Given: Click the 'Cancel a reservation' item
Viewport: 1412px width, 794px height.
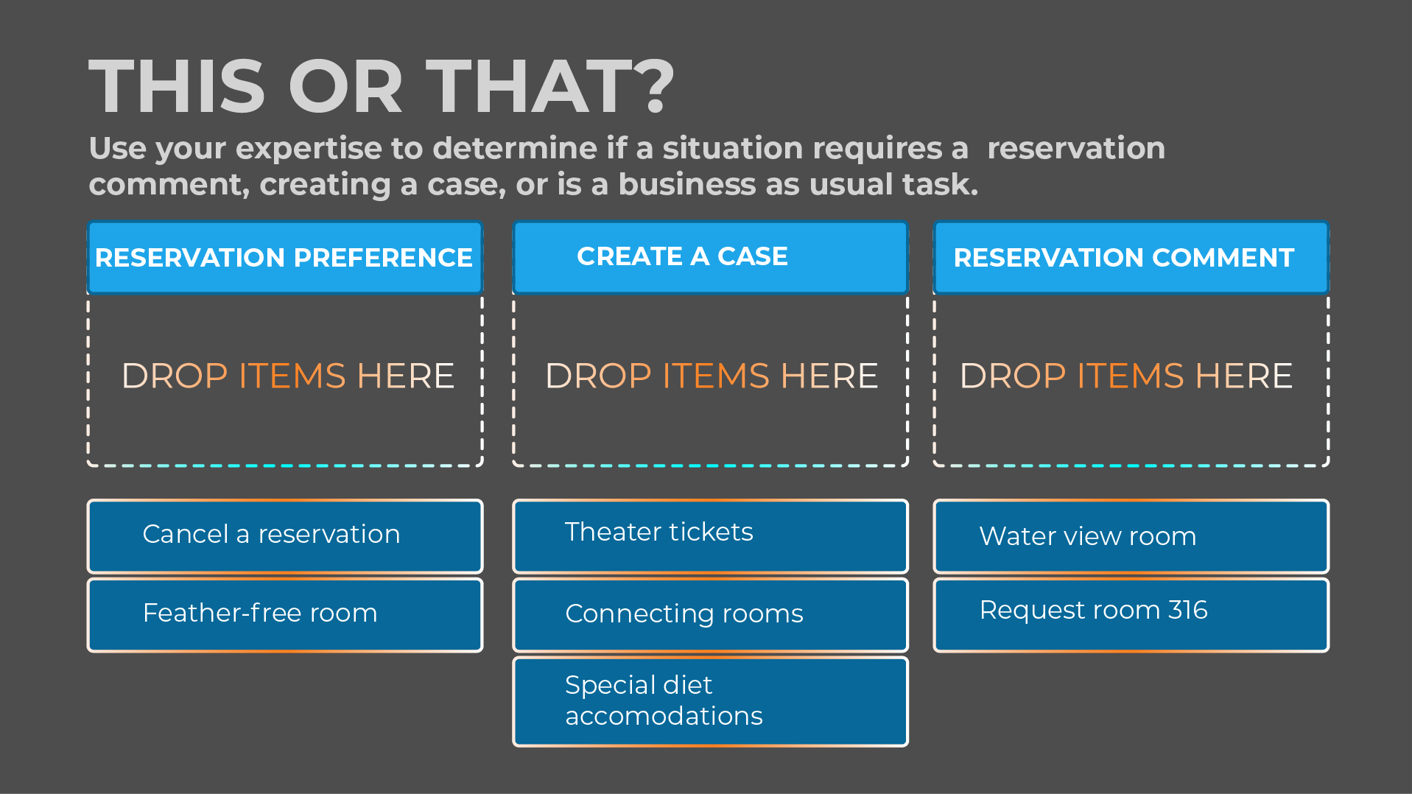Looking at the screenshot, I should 285,535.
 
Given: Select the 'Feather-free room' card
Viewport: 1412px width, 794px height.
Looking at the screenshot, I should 285,614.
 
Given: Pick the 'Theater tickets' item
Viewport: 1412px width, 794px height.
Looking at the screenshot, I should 710,535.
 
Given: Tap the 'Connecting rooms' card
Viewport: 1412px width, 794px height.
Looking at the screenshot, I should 710,614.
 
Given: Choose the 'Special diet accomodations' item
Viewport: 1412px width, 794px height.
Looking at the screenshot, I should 710,701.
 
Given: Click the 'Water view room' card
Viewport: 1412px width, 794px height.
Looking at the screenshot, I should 1131,535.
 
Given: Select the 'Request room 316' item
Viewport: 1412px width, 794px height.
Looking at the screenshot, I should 1131,614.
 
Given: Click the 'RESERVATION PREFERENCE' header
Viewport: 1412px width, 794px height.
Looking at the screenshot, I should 285,258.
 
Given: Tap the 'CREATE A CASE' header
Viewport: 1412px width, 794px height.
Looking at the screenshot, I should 710,257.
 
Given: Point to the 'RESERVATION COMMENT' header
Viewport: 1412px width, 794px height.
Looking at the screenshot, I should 1131,258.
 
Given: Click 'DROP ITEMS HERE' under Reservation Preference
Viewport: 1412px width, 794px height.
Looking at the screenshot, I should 287,376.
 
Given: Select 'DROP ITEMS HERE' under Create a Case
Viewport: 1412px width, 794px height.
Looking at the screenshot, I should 712,376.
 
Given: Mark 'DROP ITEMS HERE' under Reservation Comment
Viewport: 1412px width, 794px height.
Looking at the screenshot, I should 1125,376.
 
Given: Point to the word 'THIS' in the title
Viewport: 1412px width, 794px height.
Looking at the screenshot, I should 177,87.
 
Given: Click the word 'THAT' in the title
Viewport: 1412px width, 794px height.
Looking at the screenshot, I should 527,87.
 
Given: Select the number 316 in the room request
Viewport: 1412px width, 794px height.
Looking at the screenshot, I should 1187,610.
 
